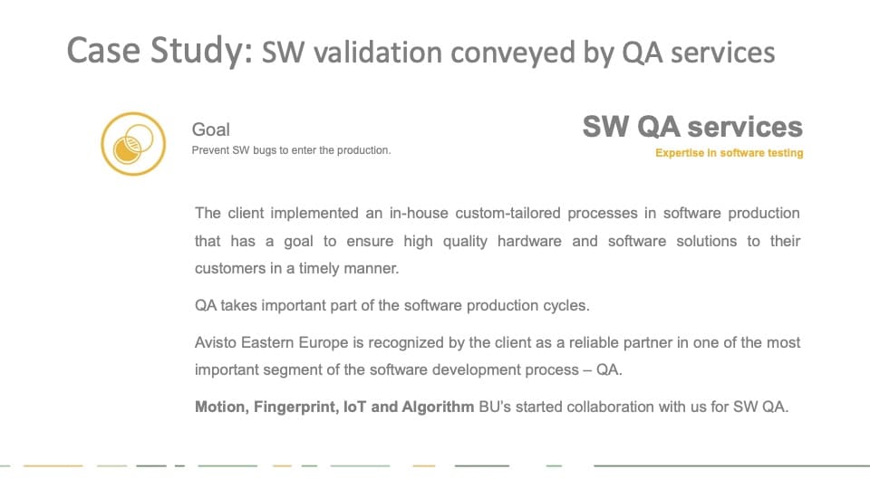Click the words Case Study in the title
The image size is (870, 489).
tap(159, 51)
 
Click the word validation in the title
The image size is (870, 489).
tap(378, 53)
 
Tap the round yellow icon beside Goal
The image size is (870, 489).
tap(133, 144)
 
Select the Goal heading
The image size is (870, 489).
tap(211, 129)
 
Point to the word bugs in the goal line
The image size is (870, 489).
tap(265, 150)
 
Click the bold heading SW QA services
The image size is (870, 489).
tap(692, 127)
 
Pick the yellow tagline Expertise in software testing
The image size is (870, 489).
tap(729, 153)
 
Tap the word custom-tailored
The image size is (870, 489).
tap(507, 214)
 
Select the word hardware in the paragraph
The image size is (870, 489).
tap(529, 241)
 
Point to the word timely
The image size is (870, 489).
tap(319, 269)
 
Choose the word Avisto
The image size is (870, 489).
tap(216, 342)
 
